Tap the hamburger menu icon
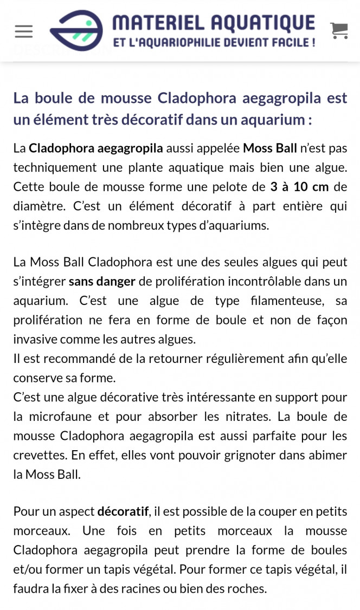pos(24,31)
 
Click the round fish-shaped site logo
pos(76,30)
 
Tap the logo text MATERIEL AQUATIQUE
pos(214,23)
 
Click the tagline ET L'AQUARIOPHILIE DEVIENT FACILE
pos(214,42)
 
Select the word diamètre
pos(35,206)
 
